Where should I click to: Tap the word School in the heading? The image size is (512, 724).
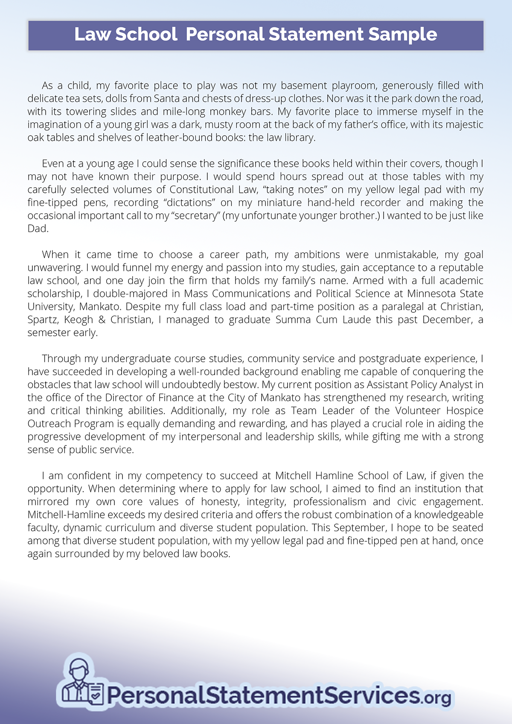pos(146,34)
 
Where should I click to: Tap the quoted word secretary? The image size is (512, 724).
pos(195,215)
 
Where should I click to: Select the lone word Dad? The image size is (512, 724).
pos(38,229)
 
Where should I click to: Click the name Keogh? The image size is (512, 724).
pos(79,320)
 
